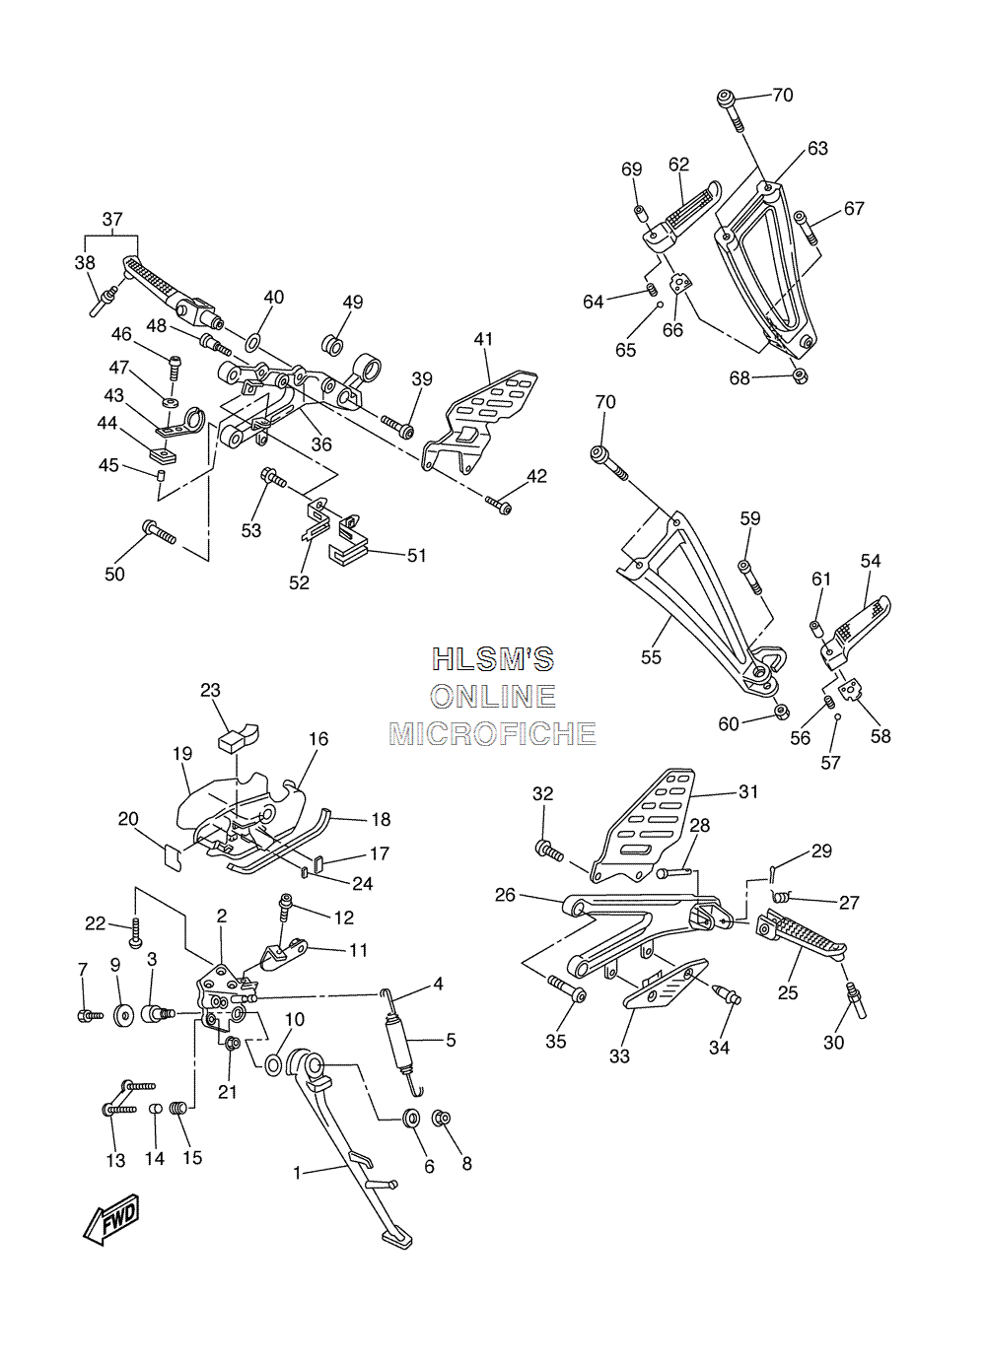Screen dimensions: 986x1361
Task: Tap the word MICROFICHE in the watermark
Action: coord(492,734)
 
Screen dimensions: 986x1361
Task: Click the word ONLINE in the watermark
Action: coord(493,697)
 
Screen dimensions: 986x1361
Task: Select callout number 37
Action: coord(112,219)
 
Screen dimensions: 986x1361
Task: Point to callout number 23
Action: coord(210,690)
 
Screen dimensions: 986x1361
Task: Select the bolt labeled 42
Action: coord(498,505)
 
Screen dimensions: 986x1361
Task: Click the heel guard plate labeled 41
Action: coord(478,421)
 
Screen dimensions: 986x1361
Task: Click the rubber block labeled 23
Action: coord(238,736)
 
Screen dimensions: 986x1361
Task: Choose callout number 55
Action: coord(651,656)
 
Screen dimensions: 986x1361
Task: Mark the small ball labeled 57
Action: coord(837,716)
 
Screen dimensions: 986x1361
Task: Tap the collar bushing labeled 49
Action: coord(332,344)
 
